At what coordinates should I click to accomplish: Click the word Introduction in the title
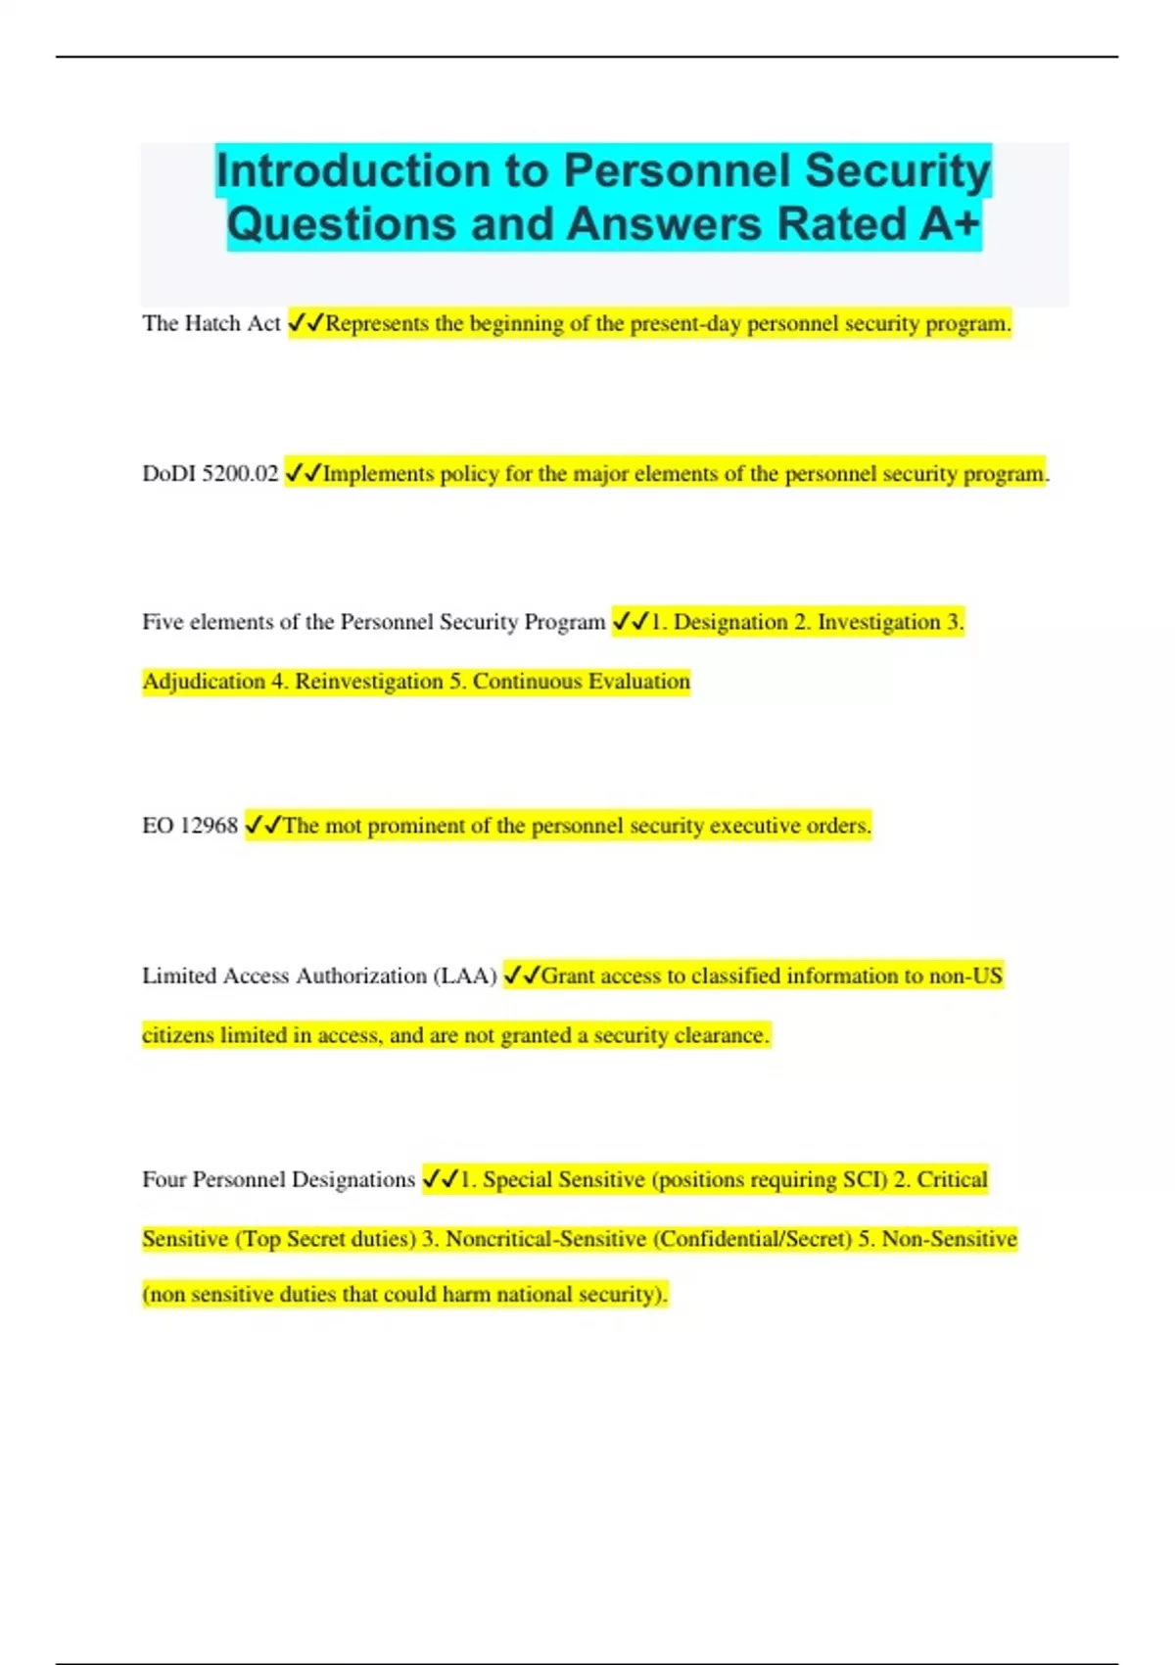pyautogui.click(x=353, y=170)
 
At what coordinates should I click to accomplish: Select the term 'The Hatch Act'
pyautogui.click(x=211, y=323)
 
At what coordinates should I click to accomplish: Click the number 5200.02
pyautogui.click(x=240, y=474)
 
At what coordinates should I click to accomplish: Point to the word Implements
pyautogui.click(x=378, y=474)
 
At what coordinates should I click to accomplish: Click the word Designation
pyautogui.click(x=730, y=622)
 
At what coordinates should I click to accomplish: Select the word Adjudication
pyautogui.click(x=203, y=682)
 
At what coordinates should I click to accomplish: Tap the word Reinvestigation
pyautogui.click(x=369, y=682)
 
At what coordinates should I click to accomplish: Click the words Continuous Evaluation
pyautogui.click(x=582, y=682)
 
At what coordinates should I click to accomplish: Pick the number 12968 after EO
pyautogui.click(x=210, y=826)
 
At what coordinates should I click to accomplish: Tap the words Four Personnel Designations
pyautogui.click(x=278, y=1180)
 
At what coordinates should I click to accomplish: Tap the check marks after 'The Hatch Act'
pyautogui.click(x=305, y=323)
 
